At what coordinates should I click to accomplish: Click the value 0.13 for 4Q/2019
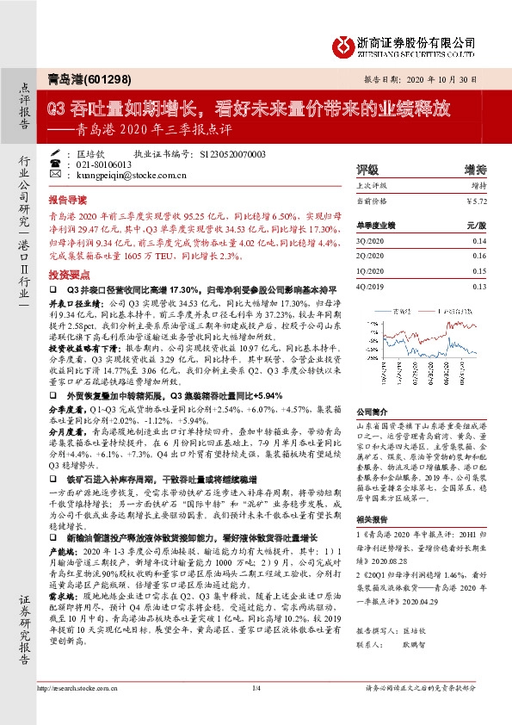click(479, 286)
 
